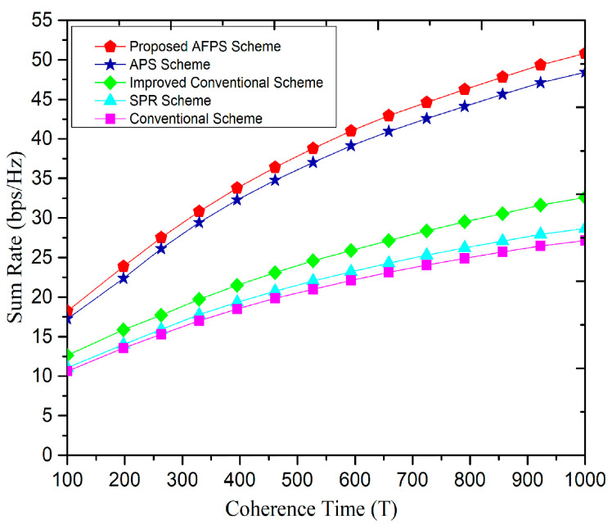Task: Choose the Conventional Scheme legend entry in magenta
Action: pyautogui.click(x=196, y=119)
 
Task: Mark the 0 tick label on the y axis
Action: pyautogui.click(x=50, y=455)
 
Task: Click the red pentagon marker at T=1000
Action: pyautogui.click(x=584, y=53)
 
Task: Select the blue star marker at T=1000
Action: pyautogui.click(x=584, y=72)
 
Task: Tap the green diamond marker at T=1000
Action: pyautogui.click(x=584, y=197)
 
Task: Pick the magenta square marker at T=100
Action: pyautogui.click(x=68, y=371)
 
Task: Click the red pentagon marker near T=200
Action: pyautogui.click(x=124, y=266)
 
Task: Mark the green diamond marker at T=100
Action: pyautogui.click(x=68, y=356)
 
